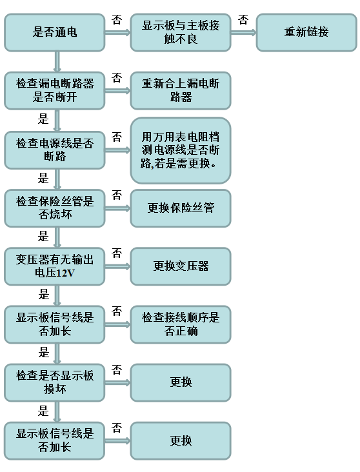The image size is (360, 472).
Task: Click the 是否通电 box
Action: (55, 32)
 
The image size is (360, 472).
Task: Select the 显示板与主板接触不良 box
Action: (181, 32)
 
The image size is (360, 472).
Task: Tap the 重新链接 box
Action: (306, 32)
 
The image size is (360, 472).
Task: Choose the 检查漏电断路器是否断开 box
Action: (55, 90)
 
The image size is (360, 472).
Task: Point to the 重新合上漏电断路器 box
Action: (181, 90)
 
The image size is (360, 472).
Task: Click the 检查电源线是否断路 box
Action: (55, 150)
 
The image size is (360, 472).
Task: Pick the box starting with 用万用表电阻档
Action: (181, 150)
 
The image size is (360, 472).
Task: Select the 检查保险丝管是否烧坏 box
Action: (55, 208)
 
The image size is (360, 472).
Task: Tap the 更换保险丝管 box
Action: (181, 208)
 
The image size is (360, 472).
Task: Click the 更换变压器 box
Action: (181, 266)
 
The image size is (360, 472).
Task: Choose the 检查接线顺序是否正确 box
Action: (181, 324)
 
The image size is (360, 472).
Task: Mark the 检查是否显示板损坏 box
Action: (55, 382)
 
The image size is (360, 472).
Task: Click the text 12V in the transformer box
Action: (65, 273)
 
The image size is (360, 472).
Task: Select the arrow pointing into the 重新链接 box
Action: (243, 32)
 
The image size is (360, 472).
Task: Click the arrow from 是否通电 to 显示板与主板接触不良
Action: (117, 32)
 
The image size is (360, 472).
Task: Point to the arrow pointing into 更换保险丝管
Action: (117, 208)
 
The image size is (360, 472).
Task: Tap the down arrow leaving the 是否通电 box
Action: (57, 61)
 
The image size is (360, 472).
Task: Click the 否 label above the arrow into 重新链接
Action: (243, 20)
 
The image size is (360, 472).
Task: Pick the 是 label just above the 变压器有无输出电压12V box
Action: (43, 236)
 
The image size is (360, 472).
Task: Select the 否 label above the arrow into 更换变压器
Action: (117, 253)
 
